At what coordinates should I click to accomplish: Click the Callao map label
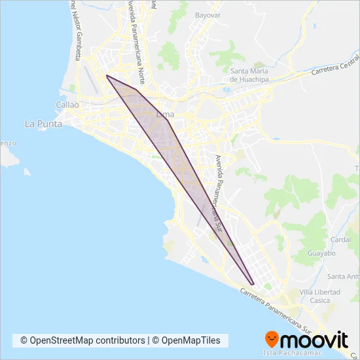click(x=68, y=105)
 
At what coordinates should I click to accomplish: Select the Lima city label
click(x=165, y=115)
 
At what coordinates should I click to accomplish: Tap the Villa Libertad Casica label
click(x=319, y=296)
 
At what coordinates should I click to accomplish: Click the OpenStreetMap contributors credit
click(x=82, y=340)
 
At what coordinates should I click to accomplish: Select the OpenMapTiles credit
click(x=190, y=340)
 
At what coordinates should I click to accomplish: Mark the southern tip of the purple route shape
click(x=253, y=284)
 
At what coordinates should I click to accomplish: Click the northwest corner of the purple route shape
click(x=107, y=76)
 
